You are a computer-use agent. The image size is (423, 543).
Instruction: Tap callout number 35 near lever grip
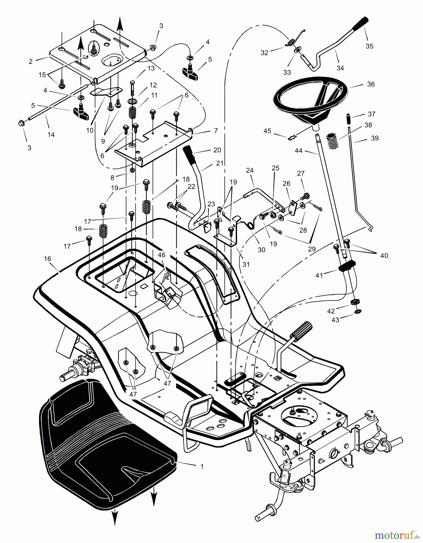pos(369,46)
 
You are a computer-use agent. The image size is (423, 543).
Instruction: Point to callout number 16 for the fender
pos(47,259)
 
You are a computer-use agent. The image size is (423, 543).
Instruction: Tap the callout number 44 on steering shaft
pos(298,150)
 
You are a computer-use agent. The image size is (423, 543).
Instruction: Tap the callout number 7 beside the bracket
pos(216,131)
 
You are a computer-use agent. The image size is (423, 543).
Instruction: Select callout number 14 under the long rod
pos(51,135)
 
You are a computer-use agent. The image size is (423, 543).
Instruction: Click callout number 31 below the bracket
pos(246,264)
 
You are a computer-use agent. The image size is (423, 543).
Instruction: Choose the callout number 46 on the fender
pos(162,255)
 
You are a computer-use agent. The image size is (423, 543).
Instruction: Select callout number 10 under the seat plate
pos(90,130)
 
